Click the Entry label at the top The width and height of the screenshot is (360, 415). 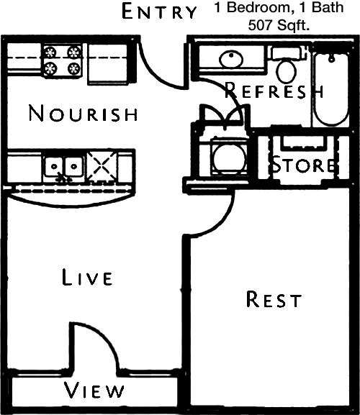point(159,11)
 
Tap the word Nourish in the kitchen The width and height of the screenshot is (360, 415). point(83,113)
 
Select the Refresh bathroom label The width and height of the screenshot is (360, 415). point(274,90)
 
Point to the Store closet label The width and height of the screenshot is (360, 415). point(304,165)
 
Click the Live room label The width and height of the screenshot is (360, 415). point(87,277)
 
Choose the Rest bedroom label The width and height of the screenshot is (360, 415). point(274,299)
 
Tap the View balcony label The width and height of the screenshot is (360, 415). point(94,391)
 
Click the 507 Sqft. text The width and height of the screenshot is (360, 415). point(279,25)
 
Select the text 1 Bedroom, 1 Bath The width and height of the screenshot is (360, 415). point(279,7)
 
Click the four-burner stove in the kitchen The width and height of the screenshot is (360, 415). point(63,61)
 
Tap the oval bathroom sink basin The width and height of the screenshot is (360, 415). point(231,59)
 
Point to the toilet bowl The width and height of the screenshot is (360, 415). point(286,71)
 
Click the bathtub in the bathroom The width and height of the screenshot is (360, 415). point(331,89)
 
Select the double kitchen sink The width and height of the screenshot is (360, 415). point(64,167)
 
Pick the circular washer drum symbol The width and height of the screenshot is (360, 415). point(229,158)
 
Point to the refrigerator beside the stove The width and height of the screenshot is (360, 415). point(108,64)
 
